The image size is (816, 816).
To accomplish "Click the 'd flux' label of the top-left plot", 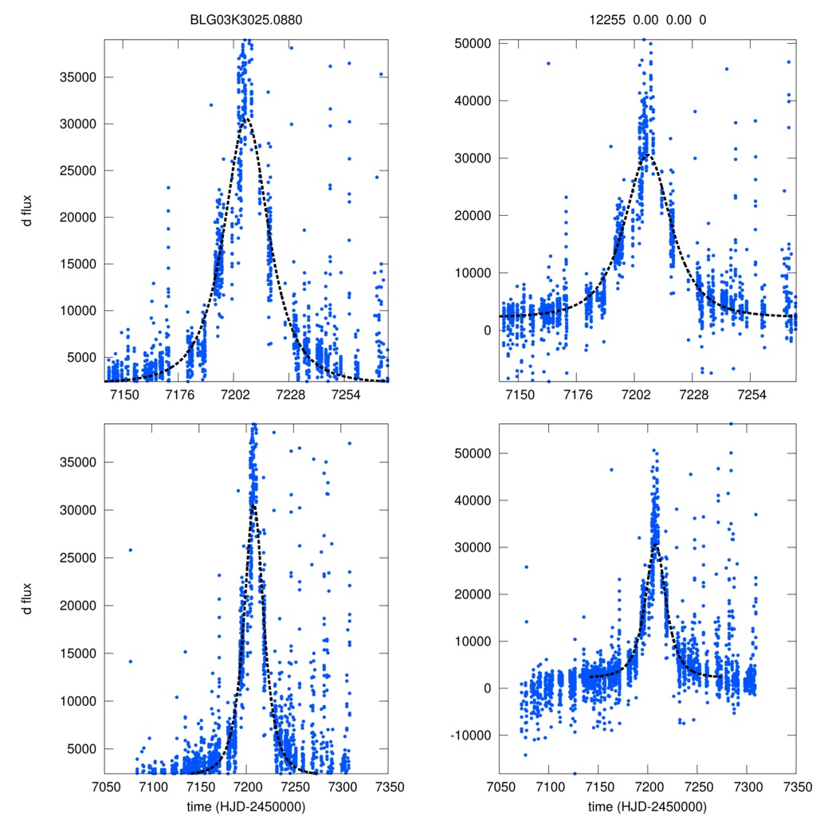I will pyautogui.click(x=27, y=211).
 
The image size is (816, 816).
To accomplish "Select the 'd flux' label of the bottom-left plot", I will pyautogui.click(x=27, y=598).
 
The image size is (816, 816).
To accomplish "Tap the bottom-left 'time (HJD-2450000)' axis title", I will pyautogui.click(x=246, y=806).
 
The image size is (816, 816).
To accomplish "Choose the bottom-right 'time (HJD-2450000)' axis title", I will pyautogui.click(x=647, y=806).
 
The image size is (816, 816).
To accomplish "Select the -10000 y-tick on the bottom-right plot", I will pyautogui.click(x=473, y=736).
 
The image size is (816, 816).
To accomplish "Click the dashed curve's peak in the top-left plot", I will pyautogui.click(x=246, y=119).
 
